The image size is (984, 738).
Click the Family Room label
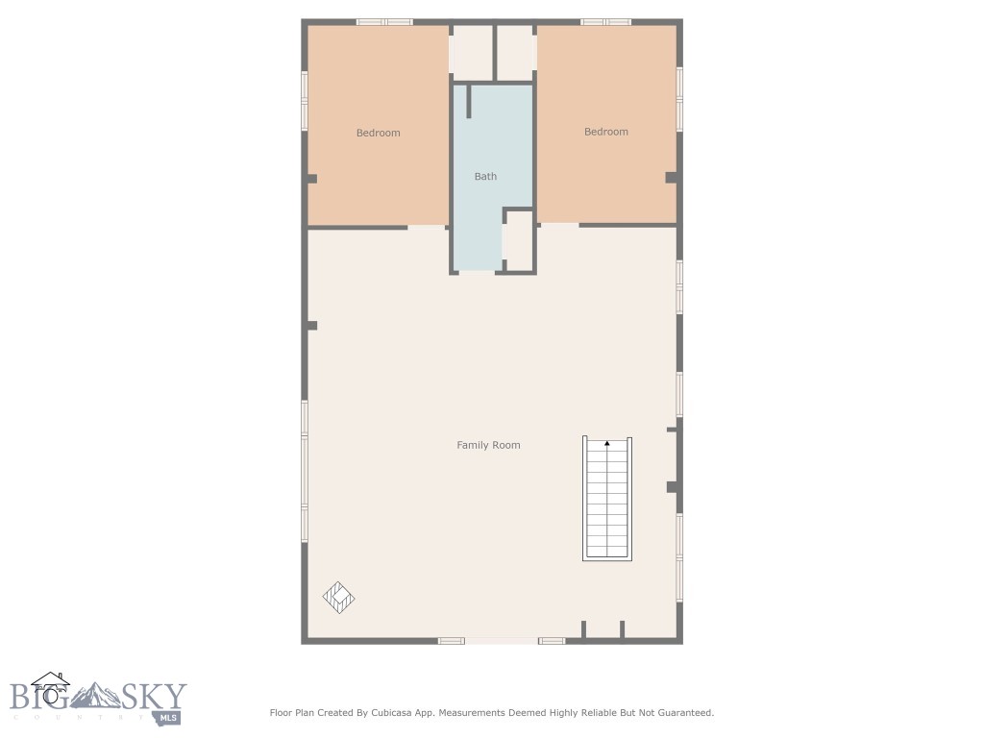(488, 445)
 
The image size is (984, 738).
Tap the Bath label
(485, 176)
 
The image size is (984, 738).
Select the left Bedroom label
(378, 133)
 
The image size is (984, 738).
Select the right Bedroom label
(605, 132)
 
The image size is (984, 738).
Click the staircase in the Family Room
(607, 500)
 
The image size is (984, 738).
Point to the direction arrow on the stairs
(607, 443)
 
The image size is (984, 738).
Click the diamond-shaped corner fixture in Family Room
(338, 598)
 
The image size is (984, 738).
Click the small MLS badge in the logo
(168, 716)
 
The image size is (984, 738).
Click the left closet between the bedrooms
(471, 53)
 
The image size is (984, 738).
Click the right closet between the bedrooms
(515, 53)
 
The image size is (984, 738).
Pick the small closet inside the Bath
(519, 241)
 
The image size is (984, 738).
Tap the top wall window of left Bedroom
(384, 21)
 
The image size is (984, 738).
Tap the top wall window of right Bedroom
(605, 21)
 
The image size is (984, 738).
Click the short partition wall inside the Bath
(469, 101)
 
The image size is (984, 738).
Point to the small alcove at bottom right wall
(603, 629)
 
